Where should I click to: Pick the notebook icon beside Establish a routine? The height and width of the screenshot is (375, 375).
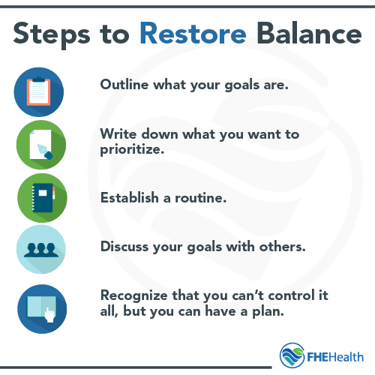[x=40, y=197]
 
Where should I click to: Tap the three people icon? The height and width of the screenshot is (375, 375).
[x=40, y=250]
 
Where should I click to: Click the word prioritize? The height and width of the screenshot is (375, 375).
[x=132, y=150]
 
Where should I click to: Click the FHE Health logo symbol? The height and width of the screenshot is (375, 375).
[x=292, y=354]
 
